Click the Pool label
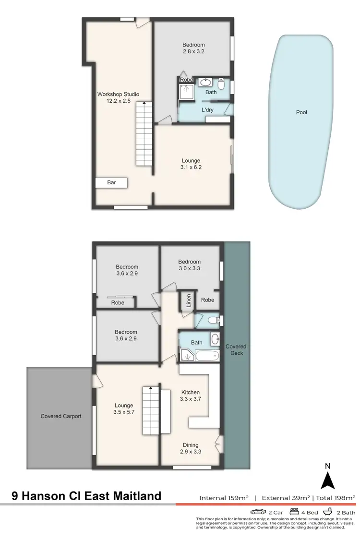coord(301,112)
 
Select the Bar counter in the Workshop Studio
coord(111,182)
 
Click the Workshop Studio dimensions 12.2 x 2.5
coord(118,101)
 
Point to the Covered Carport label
coord(61,416)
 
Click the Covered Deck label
coord(236,349)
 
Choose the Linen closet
coord(188,300)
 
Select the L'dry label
coord(207,110)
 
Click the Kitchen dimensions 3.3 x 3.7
coord(190,398)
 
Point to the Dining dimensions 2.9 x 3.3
coord(190,451)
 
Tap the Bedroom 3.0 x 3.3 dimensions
coord(190,268)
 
